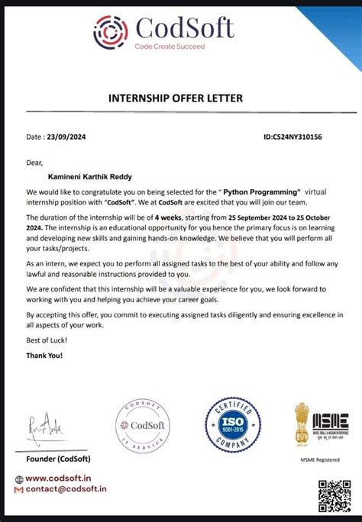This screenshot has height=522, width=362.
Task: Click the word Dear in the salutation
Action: [34, 163]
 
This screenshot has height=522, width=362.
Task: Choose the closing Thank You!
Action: [45, 355]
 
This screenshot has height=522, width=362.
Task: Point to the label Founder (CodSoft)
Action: [58, 459]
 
